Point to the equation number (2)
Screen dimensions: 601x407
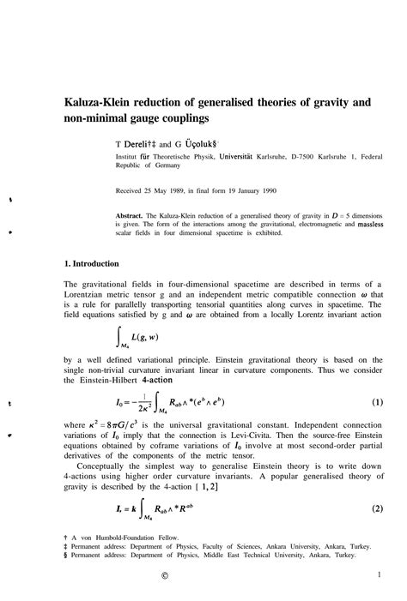(x=376, y=508)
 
